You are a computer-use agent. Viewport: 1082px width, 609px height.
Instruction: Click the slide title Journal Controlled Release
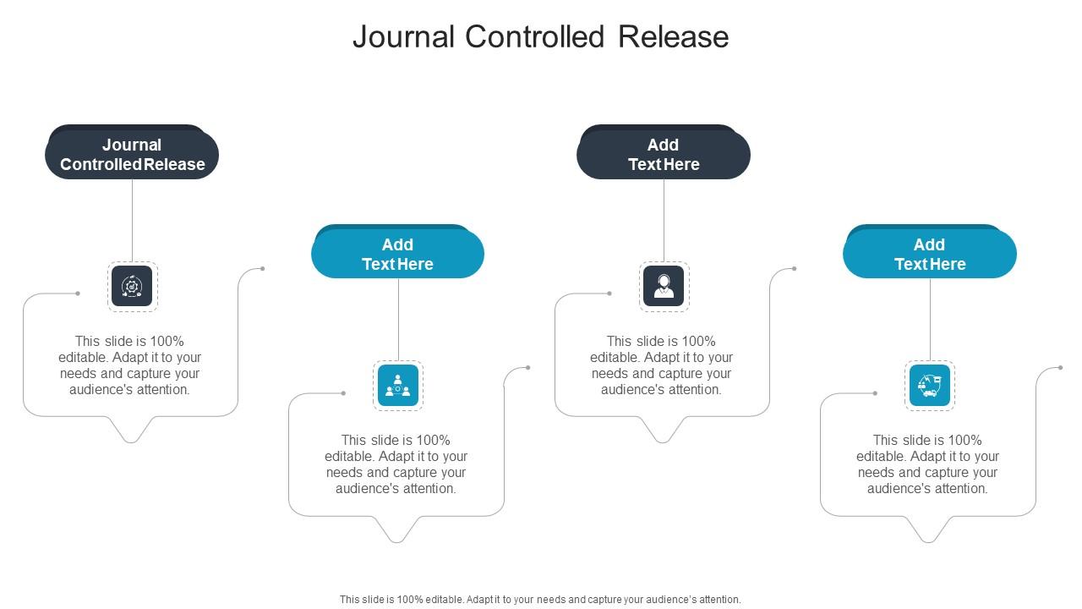pos(540,37)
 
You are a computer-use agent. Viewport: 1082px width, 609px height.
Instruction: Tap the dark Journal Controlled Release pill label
pos(132,155)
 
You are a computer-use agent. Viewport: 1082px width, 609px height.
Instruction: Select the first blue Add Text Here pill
pos(397,254)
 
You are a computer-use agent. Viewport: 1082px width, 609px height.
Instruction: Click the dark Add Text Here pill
pos(664,155)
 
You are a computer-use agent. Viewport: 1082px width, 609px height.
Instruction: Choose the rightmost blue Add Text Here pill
pos(929,254)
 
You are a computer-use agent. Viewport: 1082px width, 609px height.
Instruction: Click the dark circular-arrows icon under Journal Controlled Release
pos(133,286)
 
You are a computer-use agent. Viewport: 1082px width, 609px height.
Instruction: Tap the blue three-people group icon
pos(398,385)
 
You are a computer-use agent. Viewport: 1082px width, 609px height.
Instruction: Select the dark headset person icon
pos(664,286)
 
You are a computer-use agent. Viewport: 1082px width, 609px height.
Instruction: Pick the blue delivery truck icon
pos(929,385)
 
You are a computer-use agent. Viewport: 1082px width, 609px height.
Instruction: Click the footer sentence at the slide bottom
pos(540,599)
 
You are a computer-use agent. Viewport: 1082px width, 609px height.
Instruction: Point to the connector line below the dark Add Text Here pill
pos(664,220)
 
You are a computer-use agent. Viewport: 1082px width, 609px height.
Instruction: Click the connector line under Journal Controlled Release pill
pos(133,220)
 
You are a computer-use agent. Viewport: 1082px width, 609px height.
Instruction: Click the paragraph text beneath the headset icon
pos(662,365)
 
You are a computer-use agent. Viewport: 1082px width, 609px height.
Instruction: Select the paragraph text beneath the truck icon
pos(927,464)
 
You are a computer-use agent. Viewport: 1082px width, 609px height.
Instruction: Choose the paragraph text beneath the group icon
pos(396,464)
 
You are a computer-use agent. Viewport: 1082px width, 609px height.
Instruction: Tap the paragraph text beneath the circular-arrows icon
pos(130,365)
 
